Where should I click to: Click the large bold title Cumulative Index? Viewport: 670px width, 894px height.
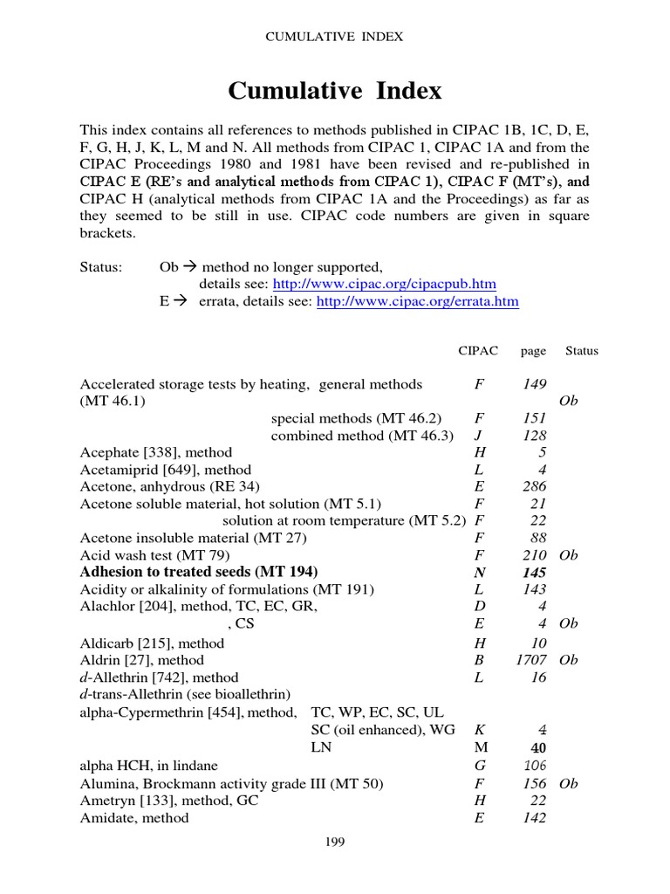pos(335,91)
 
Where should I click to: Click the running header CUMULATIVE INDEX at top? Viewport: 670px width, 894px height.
pos(335,37)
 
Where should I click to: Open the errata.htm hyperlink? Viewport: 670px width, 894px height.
pos(417,301)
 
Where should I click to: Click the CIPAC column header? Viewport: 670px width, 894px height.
pos(478,351)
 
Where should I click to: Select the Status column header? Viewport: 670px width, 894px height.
pos(582,351)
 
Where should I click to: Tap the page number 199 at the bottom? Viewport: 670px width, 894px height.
pos(335,842)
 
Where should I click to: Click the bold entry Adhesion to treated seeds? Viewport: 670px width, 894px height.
pos(199,573)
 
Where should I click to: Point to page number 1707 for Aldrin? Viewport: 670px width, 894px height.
pos(530,660)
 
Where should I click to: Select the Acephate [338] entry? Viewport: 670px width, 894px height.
pos(156,452)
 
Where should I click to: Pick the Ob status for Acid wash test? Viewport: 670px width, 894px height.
pos(569,555)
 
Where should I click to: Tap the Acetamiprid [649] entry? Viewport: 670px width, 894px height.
pos(166,470)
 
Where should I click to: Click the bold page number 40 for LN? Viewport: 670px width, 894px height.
pos(537,748)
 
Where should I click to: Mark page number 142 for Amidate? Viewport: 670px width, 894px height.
pos(534,818)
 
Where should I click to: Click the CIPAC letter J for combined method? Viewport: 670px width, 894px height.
pos(477,435)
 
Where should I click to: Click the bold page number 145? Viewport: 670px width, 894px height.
pos(534,573)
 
